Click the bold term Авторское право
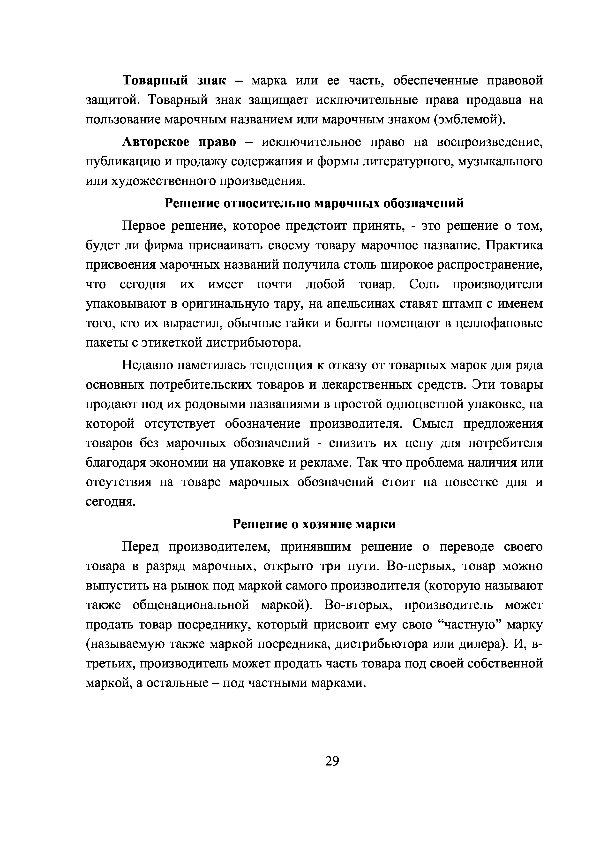pos(179,142)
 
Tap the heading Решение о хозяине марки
pos(314,524)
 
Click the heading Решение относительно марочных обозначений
pos(314,203)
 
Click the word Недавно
pos(146,365)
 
